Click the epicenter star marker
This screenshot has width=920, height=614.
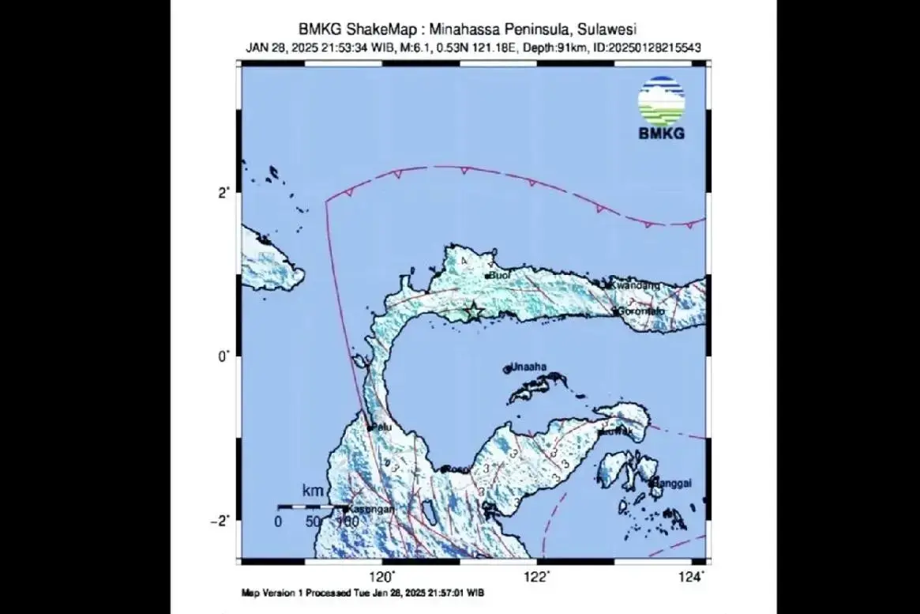click(472, 311)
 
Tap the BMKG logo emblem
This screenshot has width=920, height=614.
click(661, 101)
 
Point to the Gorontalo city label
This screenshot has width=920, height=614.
click(643, 311)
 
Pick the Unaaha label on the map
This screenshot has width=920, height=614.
click(529, 368)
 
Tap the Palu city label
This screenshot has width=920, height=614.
click(382, 428)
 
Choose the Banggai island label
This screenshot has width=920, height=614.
click(670, 483)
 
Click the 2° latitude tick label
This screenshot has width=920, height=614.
click(223, 192)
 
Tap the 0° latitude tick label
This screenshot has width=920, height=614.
click(223, 356)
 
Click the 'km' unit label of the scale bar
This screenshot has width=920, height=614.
click(313, 492)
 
